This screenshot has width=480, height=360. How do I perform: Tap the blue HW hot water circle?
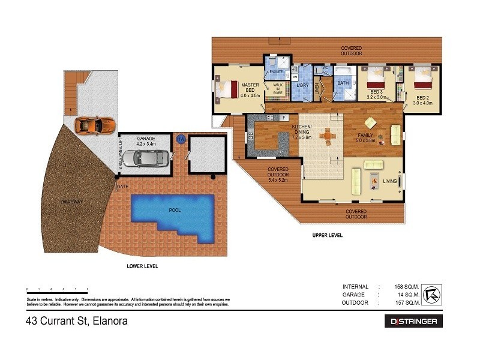(180, 139)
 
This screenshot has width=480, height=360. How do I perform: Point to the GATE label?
(123, 187)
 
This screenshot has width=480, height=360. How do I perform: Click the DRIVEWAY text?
(71, 202)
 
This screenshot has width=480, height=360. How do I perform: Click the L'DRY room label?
(302, 85)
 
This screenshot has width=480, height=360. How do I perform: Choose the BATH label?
(343, 83)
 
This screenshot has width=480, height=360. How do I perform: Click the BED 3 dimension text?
(376, 97)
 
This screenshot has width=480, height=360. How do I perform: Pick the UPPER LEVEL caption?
(328, 236)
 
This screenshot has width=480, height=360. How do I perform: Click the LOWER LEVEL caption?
(142, 266)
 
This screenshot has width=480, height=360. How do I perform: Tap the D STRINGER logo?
(413, 322)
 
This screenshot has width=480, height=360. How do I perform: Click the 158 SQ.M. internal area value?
(406, 286)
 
